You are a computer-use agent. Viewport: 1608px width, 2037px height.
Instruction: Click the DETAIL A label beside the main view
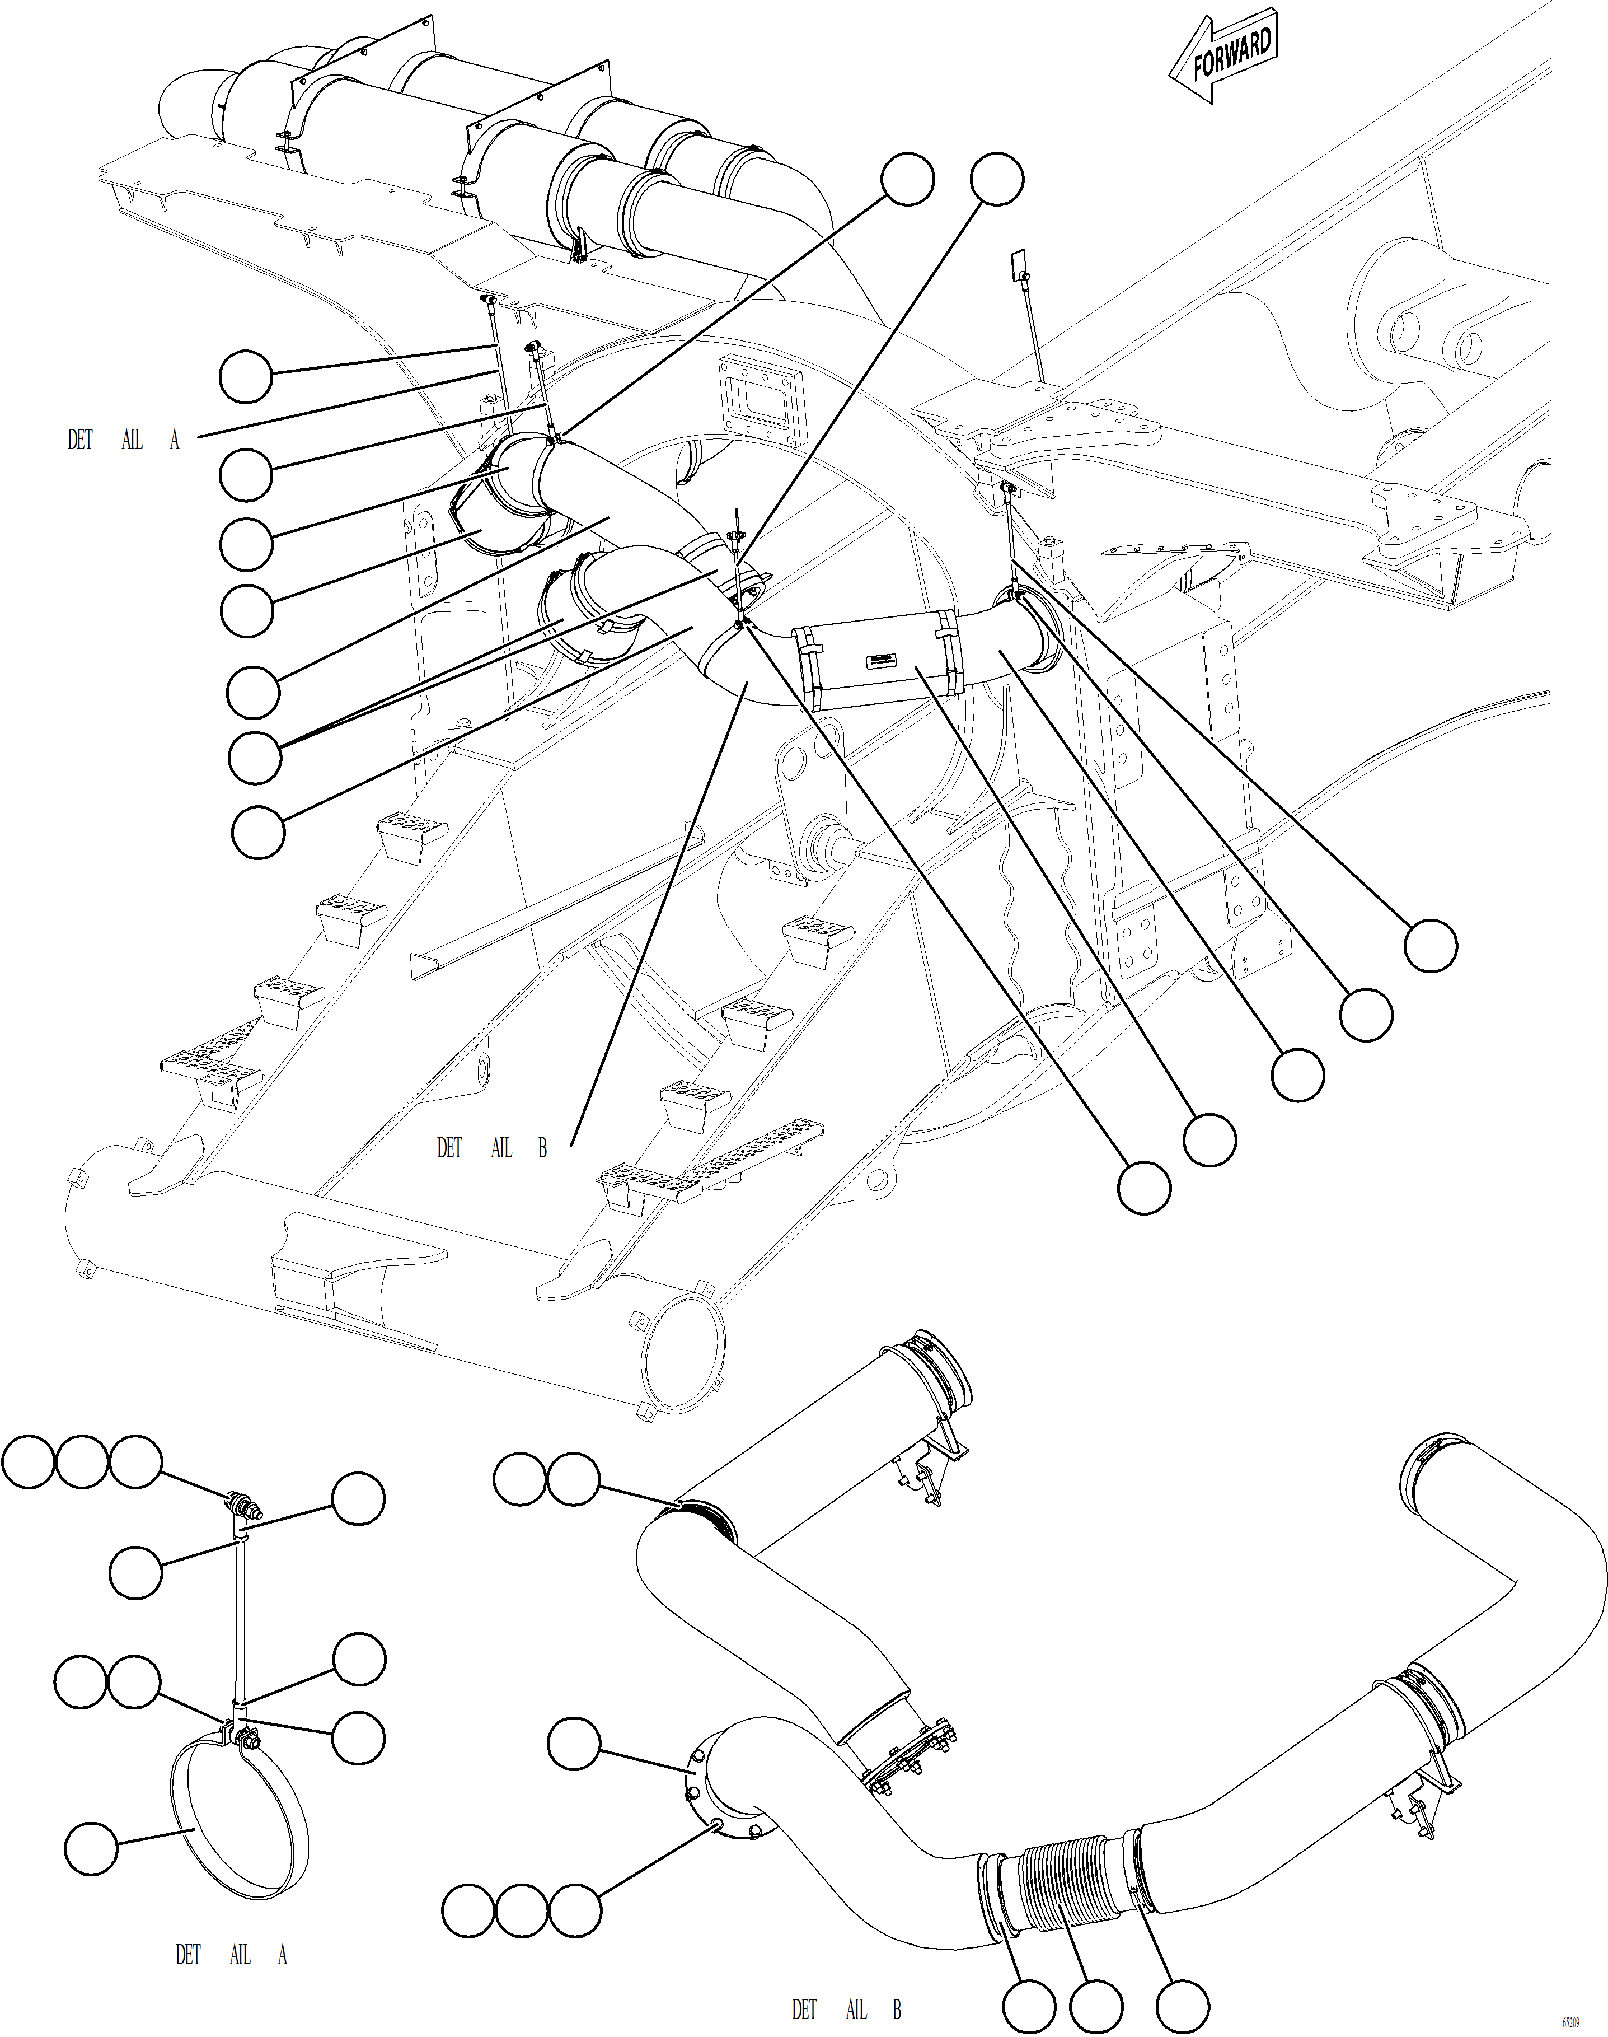[123, 440]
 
